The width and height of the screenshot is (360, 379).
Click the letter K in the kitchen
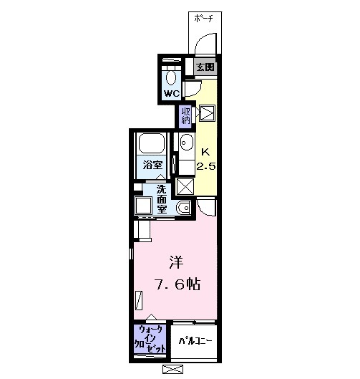point(205,152)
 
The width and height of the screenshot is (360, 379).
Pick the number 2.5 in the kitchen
point(205,166)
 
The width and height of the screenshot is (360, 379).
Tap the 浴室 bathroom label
point(151,165)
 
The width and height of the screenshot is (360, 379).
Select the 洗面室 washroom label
point(163,199)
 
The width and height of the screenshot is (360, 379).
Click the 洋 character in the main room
point(176,260)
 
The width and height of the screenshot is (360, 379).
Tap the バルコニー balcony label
point(193,340)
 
